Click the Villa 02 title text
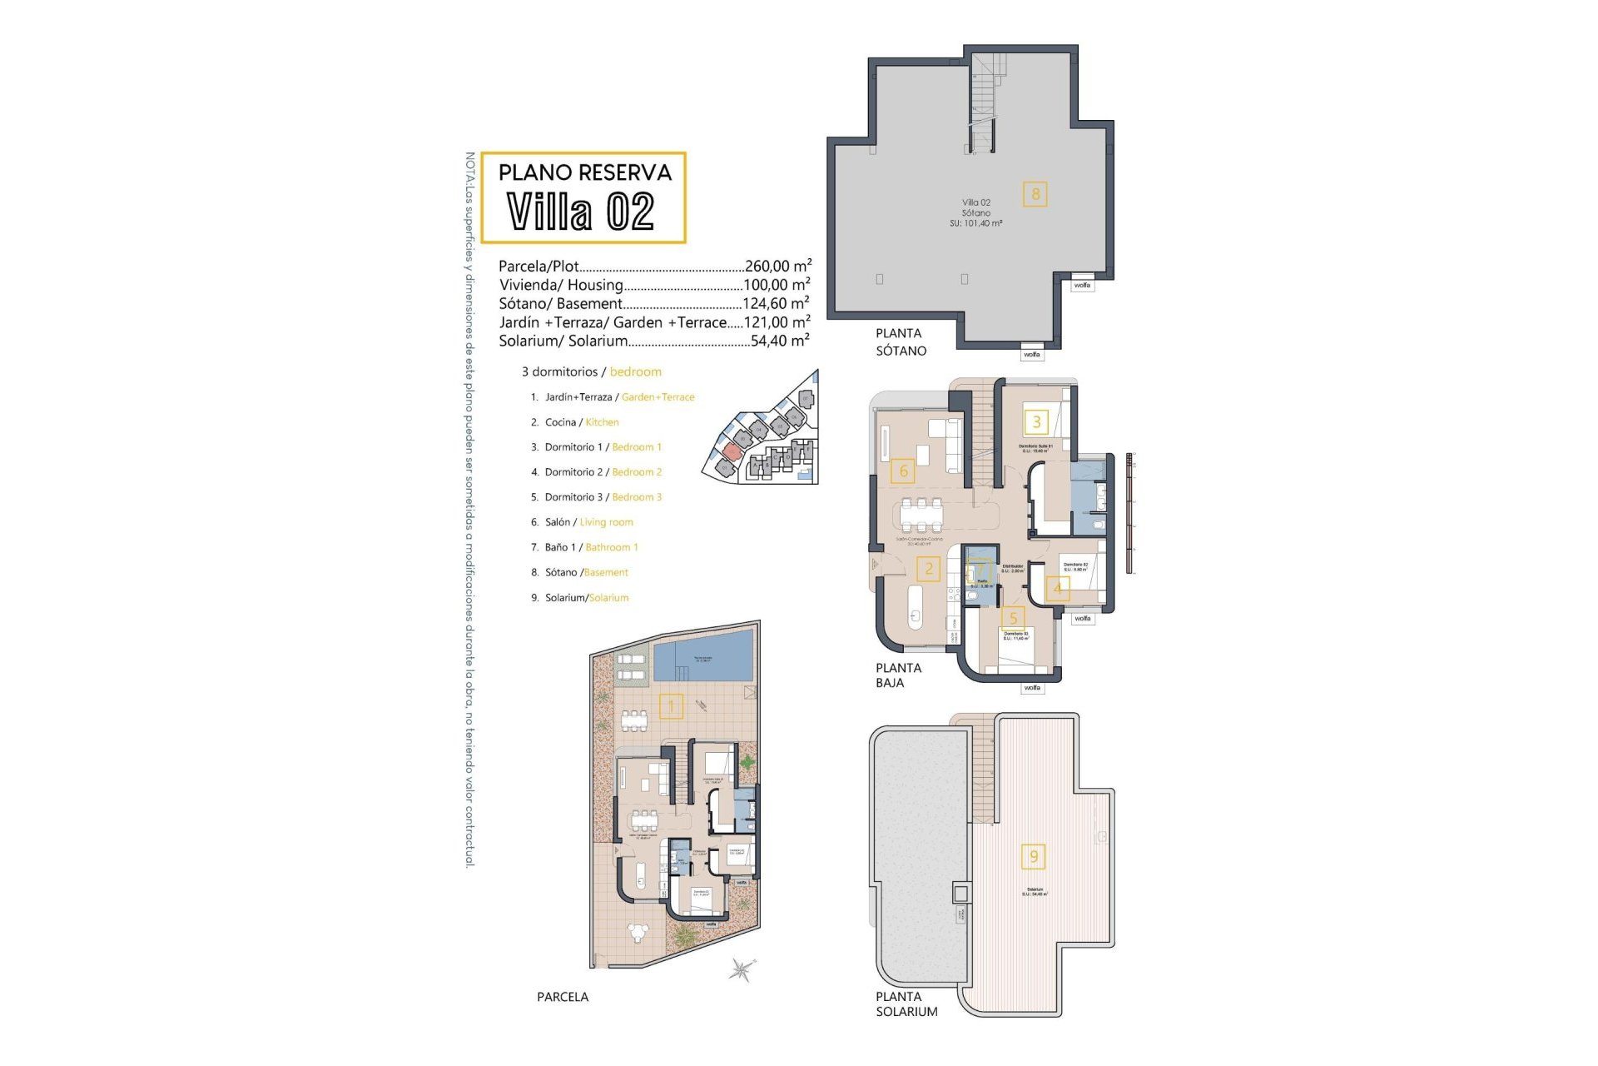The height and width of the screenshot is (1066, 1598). click(581, 212)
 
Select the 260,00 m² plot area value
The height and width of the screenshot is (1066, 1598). click(777, 266)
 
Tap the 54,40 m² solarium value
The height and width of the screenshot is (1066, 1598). click(779, 341)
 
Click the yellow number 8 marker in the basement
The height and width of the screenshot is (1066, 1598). click(1035, 195)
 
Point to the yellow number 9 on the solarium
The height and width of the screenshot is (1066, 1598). click(1034, 856)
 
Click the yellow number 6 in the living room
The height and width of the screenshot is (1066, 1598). click(903, 471)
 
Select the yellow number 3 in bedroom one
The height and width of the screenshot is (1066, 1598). click(1036, 421)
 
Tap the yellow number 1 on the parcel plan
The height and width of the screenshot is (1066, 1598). click(671, 707)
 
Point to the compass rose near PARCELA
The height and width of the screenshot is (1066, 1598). click(740, 969)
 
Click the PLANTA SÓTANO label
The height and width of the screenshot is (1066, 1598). click(901, 341)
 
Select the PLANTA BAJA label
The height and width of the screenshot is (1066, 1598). click(898, 675)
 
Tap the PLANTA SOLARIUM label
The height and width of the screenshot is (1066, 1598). click(906, 1004)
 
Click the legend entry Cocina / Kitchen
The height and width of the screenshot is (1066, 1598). click(581, 422)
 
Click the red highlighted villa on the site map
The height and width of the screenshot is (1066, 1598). click(731, 451)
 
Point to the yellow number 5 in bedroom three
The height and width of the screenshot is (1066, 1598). click(1013, 618)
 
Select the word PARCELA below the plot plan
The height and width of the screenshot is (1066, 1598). click(563, 997)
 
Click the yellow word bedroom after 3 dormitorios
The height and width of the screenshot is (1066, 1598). click(635, 372)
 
